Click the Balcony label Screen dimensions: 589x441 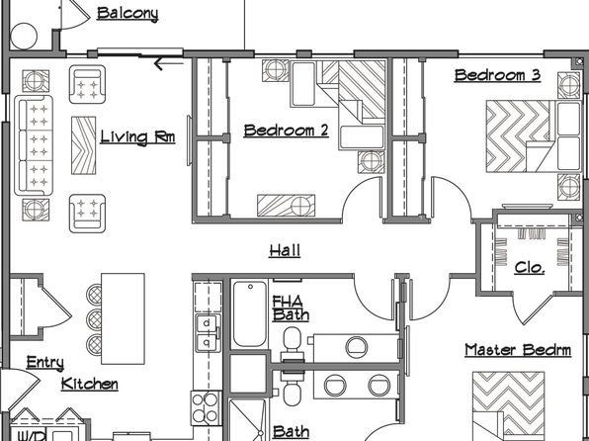tap(127, 14)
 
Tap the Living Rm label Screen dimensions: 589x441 tap(137, 137)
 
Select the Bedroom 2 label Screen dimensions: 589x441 tap(286, 131)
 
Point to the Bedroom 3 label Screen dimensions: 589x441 tap(497, 75)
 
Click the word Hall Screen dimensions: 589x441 tap(285, 251)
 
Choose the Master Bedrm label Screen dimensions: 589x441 tap(518, 350)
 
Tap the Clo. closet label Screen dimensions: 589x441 tap(530, 267)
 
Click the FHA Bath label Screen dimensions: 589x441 tap(291, 309)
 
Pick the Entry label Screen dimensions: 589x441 tap(45, 363)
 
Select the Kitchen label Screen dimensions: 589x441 tap(89, 385)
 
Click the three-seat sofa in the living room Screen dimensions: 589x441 tap(34, 145)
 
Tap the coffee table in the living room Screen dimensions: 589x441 tap(83, 145)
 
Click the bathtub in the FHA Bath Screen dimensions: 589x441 tap(250, 314)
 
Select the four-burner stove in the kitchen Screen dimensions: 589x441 tap(206, 408)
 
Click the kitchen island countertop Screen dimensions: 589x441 tap(123, 318)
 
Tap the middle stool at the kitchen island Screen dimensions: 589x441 tap(94, 318)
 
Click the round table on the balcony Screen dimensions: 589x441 tap(24, 37)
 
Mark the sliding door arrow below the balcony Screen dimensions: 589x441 tap(169, 63)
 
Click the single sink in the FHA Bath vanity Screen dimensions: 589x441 tap(356, 347)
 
